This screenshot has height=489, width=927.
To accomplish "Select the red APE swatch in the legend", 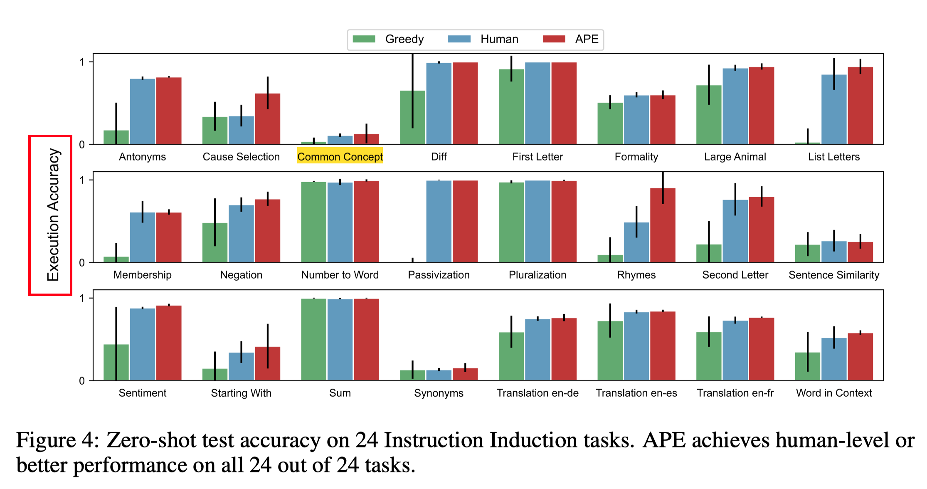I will click(x=554, y=39).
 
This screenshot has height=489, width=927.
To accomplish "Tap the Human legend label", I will click(x=499, y=39).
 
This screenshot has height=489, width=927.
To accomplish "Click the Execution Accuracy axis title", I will click(x=53, y=215).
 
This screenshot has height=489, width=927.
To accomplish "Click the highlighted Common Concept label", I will click(x=340, y=157).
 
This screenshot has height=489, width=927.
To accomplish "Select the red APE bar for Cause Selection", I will click(x=267, y=121).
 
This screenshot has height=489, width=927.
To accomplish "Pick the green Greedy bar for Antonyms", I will click(x=116, y=138).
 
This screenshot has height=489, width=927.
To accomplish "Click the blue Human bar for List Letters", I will click(x=833, y=110).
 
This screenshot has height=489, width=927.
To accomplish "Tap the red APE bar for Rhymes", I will click(x=663, y=227).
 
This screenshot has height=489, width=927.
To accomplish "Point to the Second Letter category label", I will click(x=735, y=275).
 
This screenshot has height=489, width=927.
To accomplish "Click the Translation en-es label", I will click(x=636, y=393).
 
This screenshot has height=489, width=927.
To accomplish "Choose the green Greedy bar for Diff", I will click(x=412, y=119).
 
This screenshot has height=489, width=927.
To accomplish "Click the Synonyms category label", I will click(x=439, y=393).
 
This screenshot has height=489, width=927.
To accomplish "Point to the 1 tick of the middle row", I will click(x=82, y=180).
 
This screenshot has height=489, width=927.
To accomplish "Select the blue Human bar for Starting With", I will click(x=241, y=367).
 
